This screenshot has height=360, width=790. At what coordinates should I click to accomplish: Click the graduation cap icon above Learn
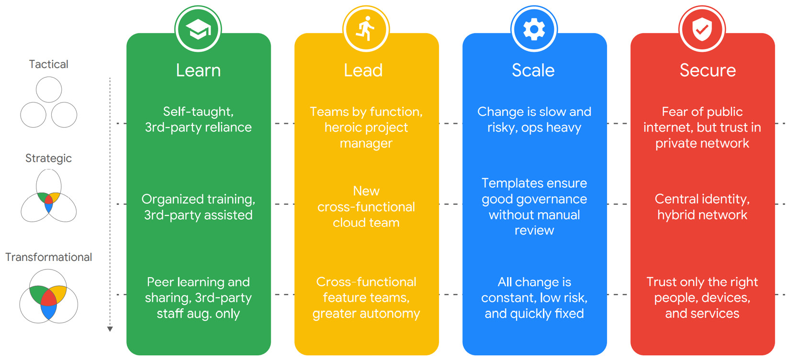[198, 30]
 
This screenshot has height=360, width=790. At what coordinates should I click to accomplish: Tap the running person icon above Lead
[366, 30]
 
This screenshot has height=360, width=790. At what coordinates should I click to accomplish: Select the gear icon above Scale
[534, 30]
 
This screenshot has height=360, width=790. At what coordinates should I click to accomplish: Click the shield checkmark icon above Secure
[702, 30]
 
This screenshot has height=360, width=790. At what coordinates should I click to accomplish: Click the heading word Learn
[198, 70]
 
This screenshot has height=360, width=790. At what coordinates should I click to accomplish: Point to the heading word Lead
[363, 70]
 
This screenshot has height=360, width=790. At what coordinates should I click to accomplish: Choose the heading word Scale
[533, 70]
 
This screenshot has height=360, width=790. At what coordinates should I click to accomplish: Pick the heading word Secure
[708, 70]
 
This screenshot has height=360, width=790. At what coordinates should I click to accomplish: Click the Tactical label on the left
[48, 64]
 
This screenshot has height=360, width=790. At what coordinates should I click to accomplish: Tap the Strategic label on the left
[48, 158]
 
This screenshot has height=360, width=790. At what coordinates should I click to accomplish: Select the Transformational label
[48, 257]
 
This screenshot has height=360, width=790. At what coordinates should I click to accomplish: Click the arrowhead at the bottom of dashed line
[110, 329]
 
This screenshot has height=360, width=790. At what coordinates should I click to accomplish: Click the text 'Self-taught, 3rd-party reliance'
[198, 119]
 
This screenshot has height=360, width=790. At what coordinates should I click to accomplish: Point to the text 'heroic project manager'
[366, 135]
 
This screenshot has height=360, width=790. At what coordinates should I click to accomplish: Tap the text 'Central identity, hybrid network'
[702, 207]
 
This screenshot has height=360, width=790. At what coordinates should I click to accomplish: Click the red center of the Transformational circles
[48, 298]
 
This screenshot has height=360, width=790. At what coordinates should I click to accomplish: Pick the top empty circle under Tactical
[49, 90]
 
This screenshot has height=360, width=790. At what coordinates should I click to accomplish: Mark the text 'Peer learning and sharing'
[198, 290]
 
